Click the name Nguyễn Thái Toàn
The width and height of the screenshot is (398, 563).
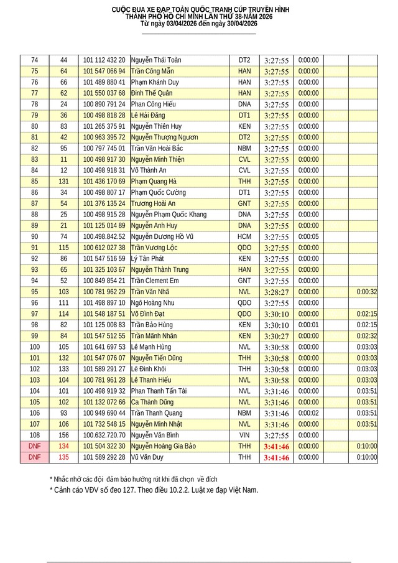(156, 60)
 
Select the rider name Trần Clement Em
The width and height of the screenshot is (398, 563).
(155, 281)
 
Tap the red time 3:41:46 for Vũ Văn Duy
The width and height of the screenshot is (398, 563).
(276, 457)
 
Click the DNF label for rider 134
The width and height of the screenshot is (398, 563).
(34, 446)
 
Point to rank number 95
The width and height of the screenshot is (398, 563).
(34, 292)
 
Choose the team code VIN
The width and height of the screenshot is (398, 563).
(244, 435)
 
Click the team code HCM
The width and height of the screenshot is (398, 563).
(244, 236)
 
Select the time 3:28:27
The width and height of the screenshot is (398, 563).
(276, 292)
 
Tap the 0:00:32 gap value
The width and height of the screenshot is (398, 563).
(367, 292)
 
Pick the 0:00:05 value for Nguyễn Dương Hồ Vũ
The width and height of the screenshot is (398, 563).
(308, 236)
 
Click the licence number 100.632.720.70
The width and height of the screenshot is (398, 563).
(104, 435)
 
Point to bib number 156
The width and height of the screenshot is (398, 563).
(63, 435)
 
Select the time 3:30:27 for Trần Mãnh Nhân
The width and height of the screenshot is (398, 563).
(276, 336)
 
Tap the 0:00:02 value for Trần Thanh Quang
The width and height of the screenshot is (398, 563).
(308, 413)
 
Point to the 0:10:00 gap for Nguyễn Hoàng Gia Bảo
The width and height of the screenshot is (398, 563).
(367, 446)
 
